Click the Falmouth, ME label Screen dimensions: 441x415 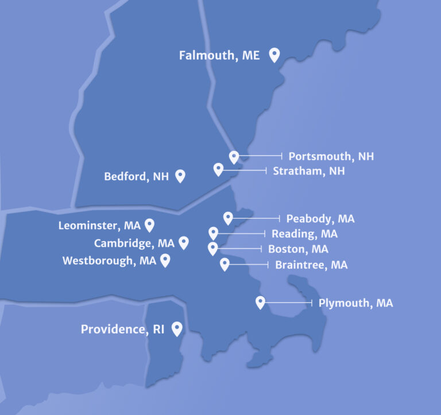219,56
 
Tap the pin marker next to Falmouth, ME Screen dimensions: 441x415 274,55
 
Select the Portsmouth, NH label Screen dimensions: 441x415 331,156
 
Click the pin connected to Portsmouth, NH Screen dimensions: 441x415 234,157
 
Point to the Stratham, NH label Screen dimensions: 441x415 309,171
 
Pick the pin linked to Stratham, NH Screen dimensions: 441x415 218,169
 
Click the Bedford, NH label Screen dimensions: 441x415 136,177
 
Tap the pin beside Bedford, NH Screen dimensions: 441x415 180,176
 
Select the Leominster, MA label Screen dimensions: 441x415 99,226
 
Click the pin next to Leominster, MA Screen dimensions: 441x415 150,224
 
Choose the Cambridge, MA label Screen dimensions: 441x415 134,243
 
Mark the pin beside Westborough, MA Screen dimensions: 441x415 165,261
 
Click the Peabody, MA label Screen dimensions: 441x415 320,219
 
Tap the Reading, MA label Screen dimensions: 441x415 304,234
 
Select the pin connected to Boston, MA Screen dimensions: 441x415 213,248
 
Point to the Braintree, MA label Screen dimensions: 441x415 311,265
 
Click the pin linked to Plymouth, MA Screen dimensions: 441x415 260,302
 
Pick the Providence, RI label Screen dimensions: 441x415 122,329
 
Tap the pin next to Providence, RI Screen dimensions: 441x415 177,328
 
